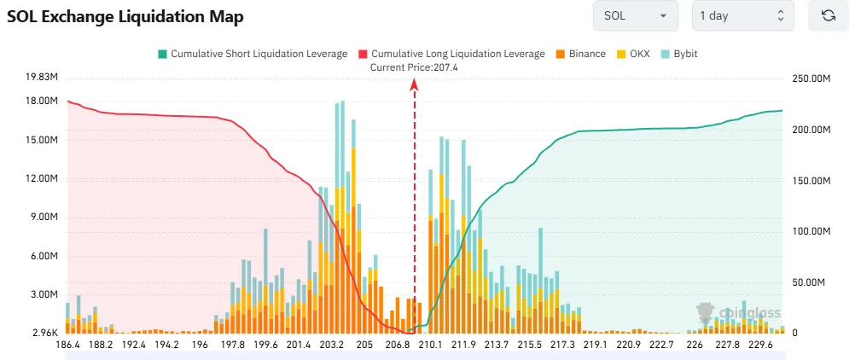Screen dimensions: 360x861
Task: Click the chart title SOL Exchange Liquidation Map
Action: click(125, 17)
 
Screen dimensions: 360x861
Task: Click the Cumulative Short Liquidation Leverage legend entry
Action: click(252, 54)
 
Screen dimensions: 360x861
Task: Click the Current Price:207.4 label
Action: click(415, 67)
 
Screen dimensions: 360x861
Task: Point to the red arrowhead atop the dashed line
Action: click(415, 84)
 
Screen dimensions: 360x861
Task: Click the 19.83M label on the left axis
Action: click(42, 78)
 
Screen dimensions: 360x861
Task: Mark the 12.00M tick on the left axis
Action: click(42, 179)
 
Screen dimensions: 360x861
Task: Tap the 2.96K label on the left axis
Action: click(44, 333)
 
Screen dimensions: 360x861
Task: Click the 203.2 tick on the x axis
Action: click(331, 345)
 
